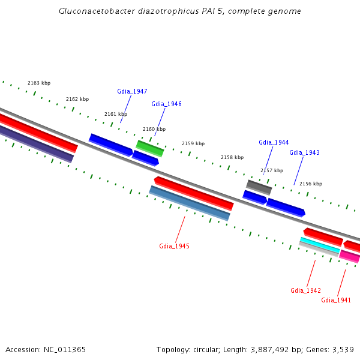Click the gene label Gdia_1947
pos(132,92)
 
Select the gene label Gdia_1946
pos(166,104)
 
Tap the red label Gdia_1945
pos(174,247)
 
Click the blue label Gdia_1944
pos(274,143)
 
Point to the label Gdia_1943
pos(304,153)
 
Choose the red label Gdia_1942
pos(305,291)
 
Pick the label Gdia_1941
pos(336,301)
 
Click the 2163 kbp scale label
pos(39,83)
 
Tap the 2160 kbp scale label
pos(154,130)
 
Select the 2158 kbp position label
pos(232,158)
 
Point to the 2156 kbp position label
pos(311,184)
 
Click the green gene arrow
pos(149,148)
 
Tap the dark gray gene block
pos(259,187)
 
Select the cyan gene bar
pos(320,244)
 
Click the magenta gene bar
pos(350,257)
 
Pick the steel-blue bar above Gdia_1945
pos(190,203)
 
